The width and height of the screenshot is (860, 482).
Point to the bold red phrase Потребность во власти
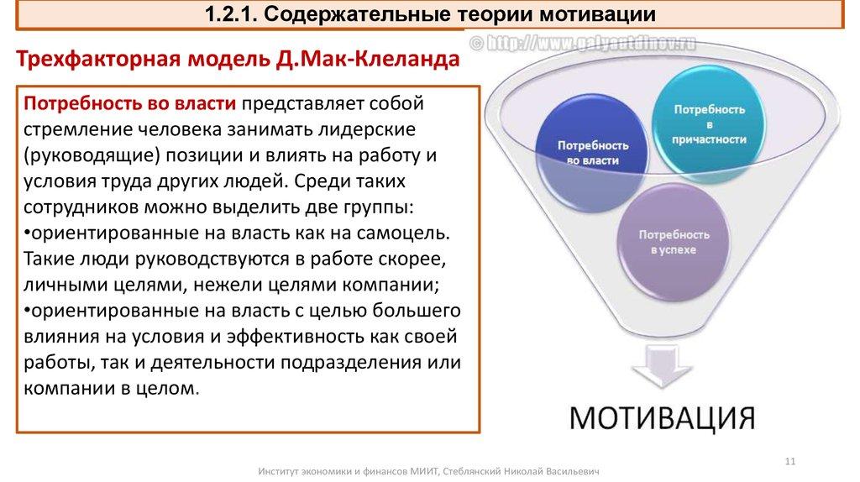tap(128, 103)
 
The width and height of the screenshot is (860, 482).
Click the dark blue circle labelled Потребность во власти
tap(588, 152)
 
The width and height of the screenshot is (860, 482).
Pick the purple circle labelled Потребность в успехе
tap(674, 241)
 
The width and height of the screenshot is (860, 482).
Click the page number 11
tap(789, 458)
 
